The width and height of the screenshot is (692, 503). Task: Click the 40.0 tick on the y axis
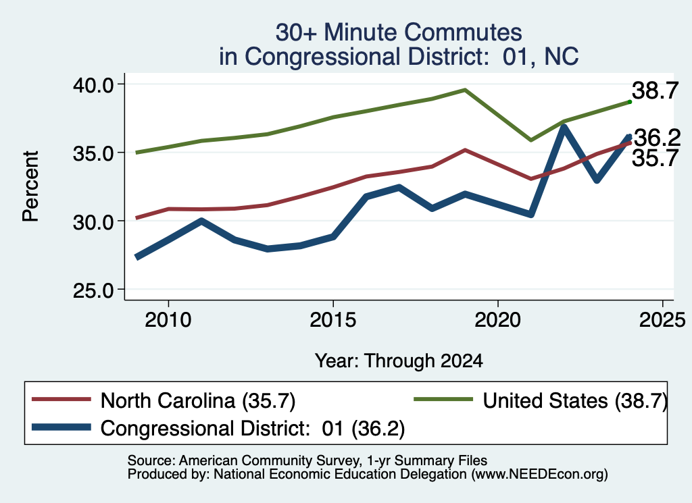93,84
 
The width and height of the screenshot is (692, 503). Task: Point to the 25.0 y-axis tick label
93,290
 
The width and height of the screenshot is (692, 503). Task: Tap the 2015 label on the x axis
332,319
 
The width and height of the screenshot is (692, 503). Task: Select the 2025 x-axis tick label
662,319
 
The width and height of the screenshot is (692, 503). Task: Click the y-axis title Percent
31,186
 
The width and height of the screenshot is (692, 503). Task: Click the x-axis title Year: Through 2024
399,361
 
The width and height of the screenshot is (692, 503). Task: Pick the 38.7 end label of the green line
655,91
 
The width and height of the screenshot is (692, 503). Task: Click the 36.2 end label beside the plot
657,138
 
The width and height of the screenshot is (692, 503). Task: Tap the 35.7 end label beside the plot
655,158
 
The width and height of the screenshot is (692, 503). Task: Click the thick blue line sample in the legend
61,427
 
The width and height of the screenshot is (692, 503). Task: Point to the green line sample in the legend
443,400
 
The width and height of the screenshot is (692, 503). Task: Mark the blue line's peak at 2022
564,128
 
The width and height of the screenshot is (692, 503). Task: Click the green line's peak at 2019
465,90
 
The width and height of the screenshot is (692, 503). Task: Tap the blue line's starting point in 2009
137,257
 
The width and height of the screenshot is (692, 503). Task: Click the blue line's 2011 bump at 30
201,221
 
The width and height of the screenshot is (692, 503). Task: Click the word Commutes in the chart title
463,32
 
